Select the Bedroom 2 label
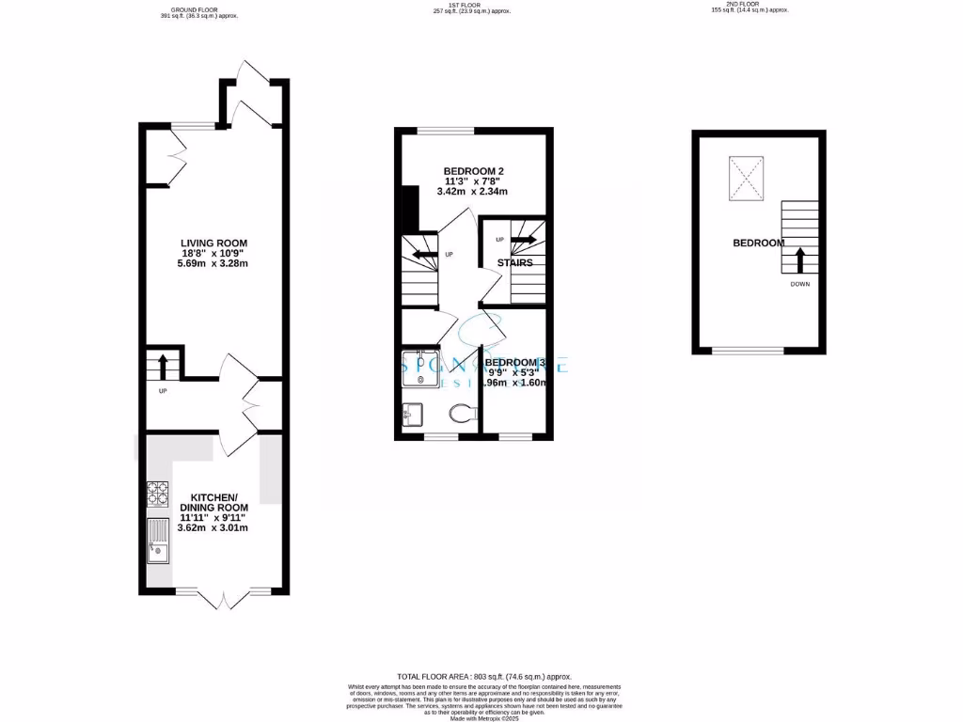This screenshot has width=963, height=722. (474, 180)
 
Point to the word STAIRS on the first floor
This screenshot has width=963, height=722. (514, 263)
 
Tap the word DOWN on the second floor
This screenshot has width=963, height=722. (799, 284)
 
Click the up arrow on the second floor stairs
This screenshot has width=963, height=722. (799, 259)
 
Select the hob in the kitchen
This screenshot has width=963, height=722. (158, 494)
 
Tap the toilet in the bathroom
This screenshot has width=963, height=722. (461, 414)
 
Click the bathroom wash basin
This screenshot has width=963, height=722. (412, 414)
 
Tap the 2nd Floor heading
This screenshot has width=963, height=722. (749, 8)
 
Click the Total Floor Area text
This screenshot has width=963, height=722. (483, 677)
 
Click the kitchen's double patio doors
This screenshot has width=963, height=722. (223, 598)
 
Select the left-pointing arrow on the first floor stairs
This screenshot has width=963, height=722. (415, 252)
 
